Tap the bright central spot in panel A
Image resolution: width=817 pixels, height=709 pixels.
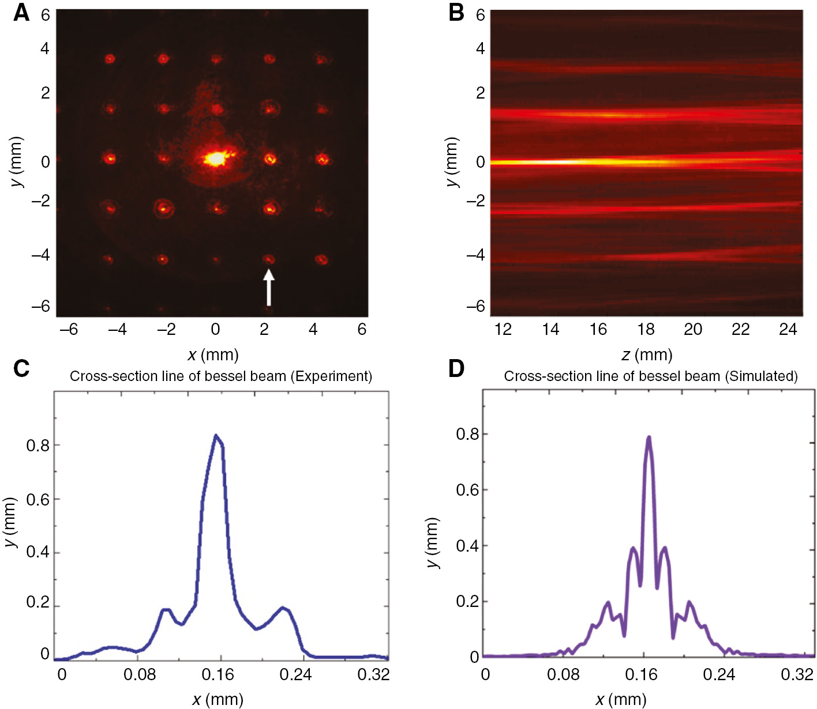(x=216, y=158)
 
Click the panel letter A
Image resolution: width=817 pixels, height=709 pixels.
(x=21, y=13)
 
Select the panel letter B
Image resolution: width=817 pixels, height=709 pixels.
(x=456, y=13)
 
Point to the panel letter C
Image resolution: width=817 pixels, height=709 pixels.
(x=21, y=368)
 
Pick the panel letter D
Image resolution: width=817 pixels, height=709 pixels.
(x=456, y=368)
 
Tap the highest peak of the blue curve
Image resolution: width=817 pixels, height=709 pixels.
(x=216, y=436)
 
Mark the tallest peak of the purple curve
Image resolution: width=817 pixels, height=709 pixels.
(x=649, y=438)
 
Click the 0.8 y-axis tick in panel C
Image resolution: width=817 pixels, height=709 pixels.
(x=38, y=445)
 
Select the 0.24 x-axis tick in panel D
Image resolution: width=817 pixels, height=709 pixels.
(x=719, y=674)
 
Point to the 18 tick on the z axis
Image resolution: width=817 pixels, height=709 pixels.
(x=646, y=329)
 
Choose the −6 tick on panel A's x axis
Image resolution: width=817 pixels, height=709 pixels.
(x=69, y=329)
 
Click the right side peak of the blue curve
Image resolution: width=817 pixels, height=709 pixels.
(x=283, y=608)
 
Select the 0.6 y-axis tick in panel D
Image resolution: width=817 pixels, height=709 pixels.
(x=467, y=490)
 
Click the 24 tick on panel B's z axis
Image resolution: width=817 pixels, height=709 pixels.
(x=788, y=329)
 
